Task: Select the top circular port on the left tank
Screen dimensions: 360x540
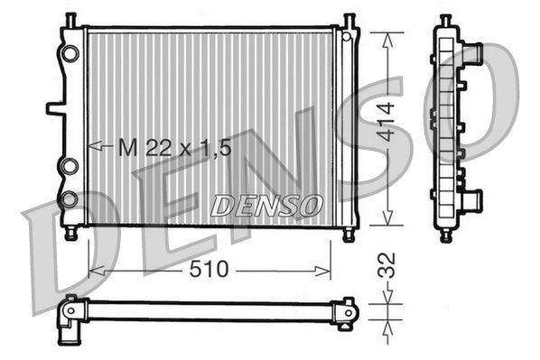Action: tap(70, 52)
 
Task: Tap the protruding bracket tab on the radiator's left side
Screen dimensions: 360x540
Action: tap(55, 109)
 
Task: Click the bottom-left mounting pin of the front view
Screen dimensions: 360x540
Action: tap(70, 233)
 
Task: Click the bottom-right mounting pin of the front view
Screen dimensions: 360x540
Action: tap(349, 233)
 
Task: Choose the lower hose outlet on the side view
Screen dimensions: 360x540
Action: tap(472, 198)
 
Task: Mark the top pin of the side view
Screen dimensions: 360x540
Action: tap(446, 20)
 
